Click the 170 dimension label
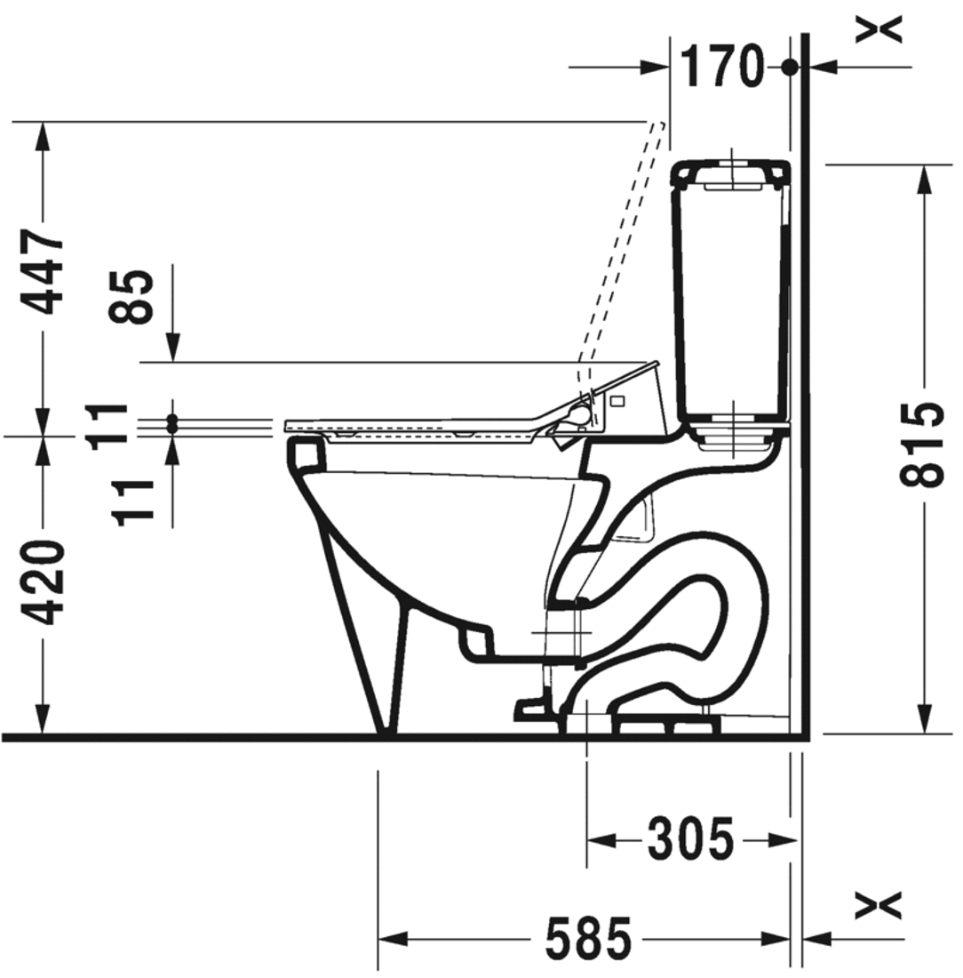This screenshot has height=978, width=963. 721,67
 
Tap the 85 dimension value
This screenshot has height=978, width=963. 131,296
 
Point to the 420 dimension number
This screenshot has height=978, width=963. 43,582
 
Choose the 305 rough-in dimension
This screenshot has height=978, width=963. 690,839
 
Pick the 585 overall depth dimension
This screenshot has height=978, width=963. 588,937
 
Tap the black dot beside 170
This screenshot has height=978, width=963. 790,67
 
